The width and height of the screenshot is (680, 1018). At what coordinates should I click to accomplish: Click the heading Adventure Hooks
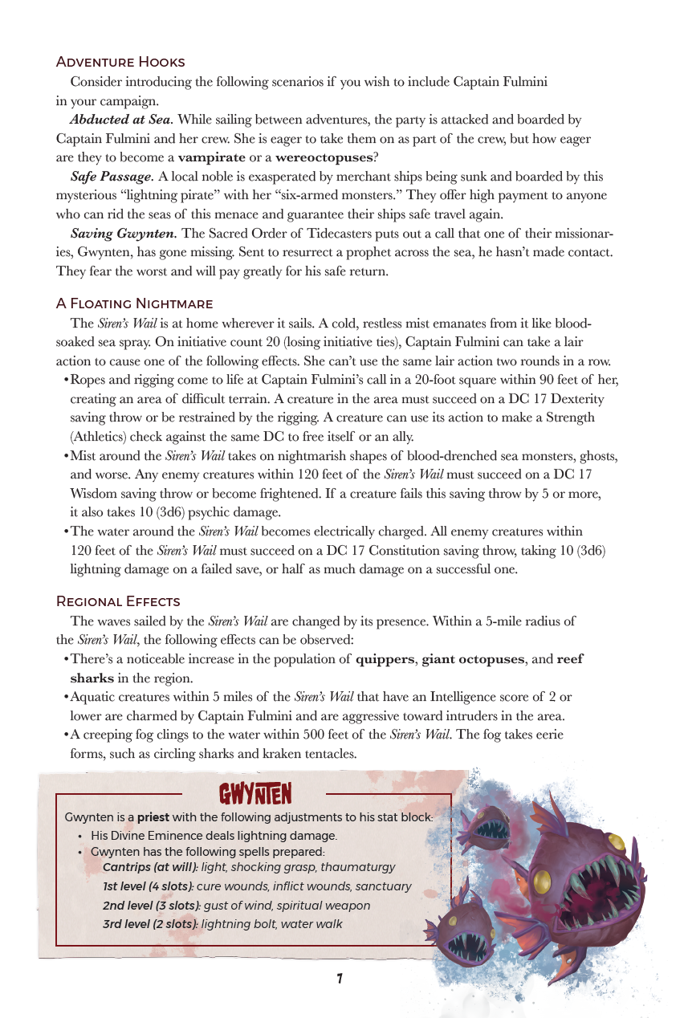coord(120,62)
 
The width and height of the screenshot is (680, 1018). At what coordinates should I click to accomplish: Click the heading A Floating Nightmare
coord(134,303)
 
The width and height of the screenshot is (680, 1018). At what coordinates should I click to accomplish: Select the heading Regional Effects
coord(118,601)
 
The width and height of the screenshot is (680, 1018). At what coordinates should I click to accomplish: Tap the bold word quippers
coord(385,659)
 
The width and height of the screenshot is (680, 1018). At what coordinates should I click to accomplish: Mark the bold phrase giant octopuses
coord(473,659)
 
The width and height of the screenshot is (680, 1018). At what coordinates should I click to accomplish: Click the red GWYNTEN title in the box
coord(255,795)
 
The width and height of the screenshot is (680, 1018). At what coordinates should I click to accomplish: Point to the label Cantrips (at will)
coord(150,867)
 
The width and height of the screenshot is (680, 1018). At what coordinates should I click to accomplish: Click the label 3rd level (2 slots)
coord(150,924)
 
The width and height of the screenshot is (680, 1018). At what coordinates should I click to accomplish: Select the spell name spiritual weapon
coord(327,905)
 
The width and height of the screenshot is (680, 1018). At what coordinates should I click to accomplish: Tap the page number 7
coord(340,979)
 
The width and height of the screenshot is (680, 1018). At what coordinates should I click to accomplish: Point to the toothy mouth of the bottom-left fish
coord(468,946)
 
